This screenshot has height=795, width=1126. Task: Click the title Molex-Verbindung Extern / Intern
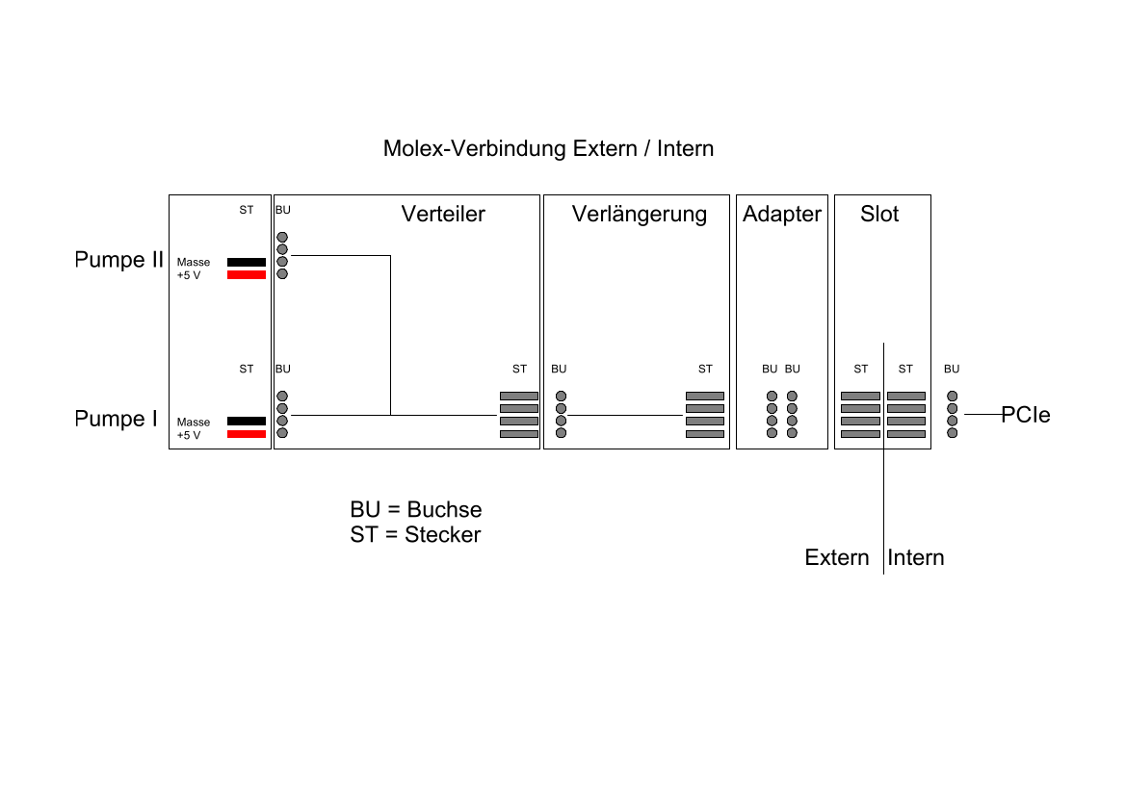click(548, 149)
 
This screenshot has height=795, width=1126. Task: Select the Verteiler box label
click(443, 214)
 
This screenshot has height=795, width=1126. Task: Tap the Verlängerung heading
click(639, 214)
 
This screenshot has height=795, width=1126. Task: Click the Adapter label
click(781, 214)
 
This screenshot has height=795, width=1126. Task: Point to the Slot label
click(878, 214)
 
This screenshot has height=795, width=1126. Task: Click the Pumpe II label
click(119, 260)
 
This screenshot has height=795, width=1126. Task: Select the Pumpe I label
click(116, 419)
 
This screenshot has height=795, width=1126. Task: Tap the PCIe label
click(1025, 416)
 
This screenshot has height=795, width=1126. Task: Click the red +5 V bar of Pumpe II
click(246, 275)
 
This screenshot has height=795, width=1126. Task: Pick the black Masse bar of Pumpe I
click(246, 422)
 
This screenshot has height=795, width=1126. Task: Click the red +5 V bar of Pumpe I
click(246, 434)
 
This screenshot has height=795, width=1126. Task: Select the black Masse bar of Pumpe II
click(246, 262)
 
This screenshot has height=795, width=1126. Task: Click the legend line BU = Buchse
click(416, 510)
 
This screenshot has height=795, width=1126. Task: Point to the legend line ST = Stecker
click(415, 535)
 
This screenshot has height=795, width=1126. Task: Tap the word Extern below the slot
click(836, 558)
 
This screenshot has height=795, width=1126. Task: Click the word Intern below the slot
click(916, 558)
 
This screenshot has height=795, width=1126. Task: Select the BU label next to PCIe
click(951, 369)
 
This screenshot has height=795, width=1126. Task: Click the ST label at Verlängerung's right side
click(705, 369)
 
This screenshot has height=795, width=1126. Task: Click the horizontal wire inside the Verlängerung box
click(626, 415)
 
